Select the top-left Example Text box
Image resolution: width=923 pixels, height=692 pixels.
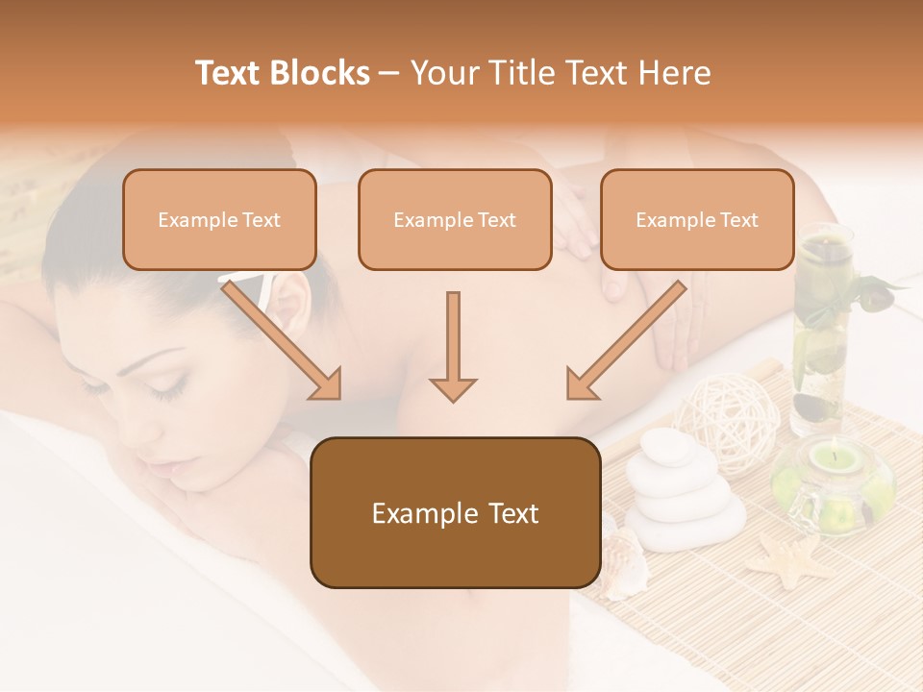[x=219, y=219]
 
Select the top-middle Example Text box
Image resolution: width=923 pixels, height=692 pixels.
[x=455, y=219]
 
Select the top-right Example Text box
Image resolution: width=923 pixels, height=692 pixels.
[x=697, y=219]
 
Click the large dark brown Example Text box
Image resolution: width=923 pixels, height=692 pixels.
[x=455, y=512]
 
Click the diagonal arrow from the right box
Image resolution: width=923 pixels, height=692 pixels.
[x=625, y=341]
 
